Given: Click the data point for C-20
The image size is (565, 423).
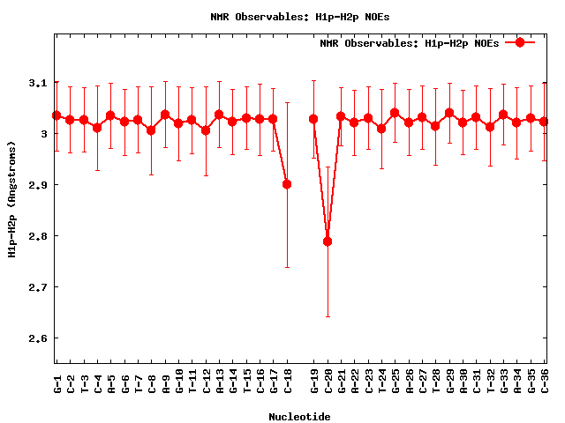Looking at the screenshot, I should point(328,241).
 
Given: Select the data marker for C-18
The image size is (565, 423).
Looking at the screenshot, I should point(287,184).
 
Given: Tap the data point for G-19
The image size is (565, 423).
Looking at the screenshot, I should point(313,119).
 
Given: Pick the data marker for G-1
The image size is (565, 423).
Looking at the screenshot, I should point(56,115).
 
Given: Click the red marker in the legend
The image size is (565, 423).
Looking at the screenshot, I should point(520,42).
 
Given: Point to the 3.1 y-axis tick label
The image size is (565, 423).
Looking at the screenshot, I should point(36,83).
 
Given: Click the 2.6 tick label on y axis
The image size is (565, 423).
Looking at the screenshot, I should point(36,338).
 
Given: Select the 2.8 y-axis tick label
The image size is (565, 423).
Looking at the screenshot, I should point(36,236).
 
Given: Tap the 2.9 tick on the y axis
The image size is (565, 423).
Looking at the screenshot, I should point(36,185).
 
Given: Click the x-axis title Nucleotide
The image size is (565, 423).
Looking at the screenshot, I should point(300,416).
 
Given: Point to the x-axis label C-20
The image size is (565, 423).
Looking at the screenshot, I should point(328,382).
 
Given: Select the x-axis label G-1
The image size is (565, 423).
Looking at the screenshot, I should point(56,382).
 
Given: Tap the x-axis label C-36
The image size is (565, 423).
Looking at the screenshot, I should point(544,382).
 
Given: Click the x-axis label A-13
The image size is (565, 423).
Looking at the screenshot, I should point(219,382).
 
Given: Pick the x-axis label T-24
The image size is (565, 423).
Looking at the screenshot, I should point(381,382).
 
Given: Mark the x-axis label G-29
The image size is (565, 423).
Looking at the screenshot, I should point(449,382).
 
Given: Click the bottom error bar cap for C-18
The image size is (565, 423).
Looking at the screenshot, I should point(287,267).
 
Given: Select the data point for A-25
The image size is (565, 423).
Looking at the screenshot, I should point(395,114).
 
